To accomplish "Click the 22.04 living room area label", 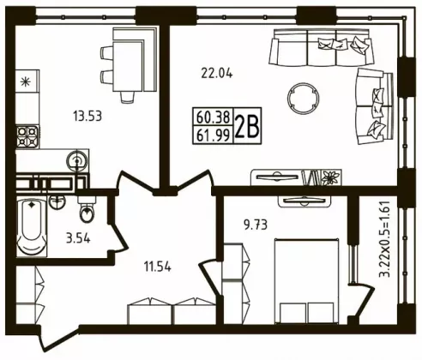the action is (x=217, y=74).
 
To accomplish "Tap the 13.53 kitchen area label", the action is (x=87, y=117).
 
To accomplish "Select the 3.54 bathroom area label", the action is (x=78, y=238).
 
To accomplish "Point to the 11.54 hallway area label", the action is (x=158, y=267).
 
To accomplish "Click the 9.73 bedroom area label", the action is (x=256, y=225).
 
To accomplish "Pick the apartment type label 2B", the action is (x=247, y=126).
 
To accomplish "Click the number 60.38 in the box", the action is (x=214, y=117).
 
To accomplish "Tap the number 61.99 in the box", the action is (x=214, y=135).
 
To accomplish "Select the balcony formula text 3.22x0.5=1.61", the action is (x=384, y=239).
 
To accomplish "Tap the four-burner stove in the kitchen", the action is (x=27, y=136).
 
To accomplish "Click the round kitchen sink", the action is (x=76, y=161).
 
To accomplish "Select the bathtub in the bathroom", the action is (x=32, y=226).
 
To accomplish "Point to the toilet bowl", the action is (x=87, y=213).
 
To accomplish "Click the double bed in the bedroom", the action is (x=304, y=281).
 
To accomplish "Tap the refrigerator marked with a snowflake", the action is (x=27, y=81).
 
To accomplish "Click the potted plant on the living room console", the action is (x=331, y=177).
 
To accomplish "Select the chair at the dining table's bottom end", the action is (x=127, y=97).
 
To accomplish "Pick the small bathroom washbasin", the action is (x=57, y=202).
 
